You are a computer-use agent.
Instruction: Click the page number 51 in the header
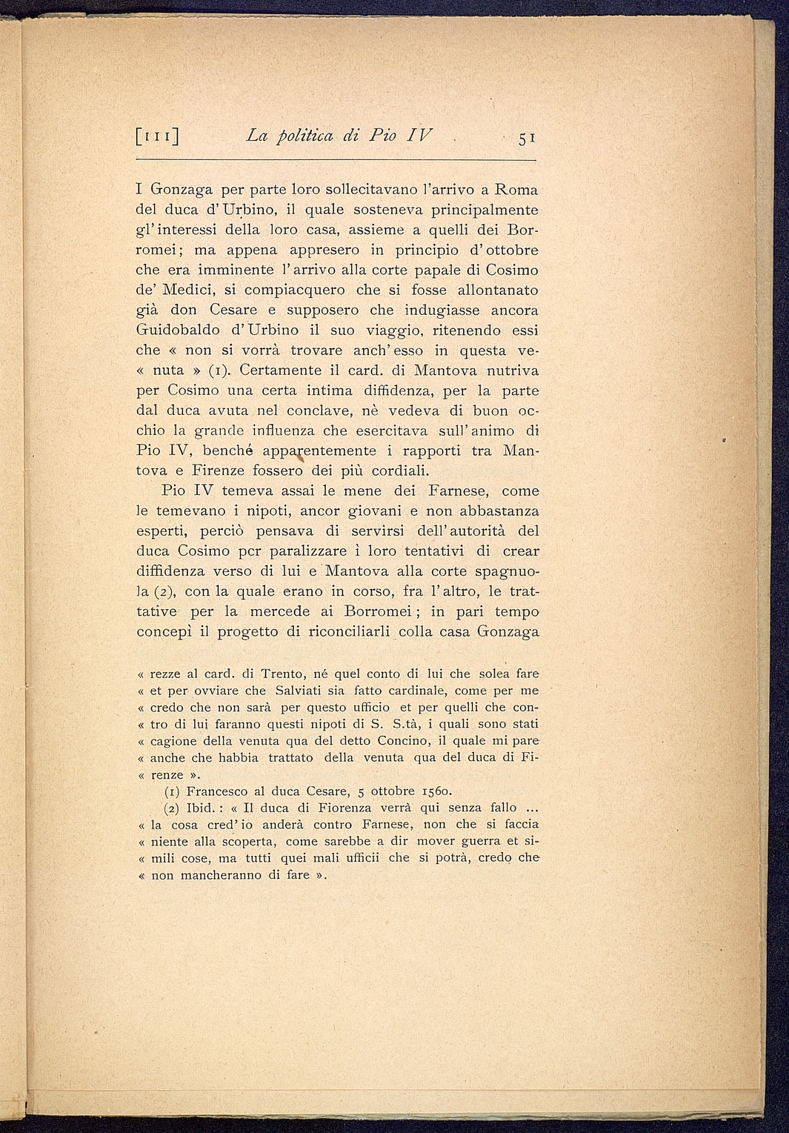click(527, 138)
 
